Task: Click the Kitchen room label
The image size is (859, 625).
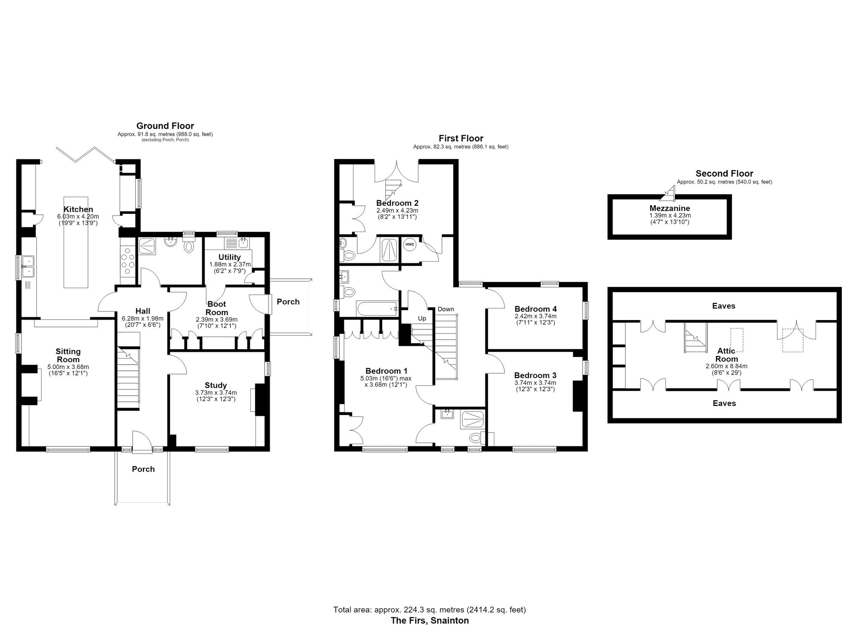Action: pos(78,210)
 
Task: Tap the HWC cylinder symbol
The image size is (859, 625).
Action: pos(410,244)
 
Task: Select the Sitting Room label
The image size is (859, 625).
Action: pos(68,356)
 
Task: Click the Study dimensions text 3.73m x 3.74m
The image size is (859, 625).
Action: pos(216,393)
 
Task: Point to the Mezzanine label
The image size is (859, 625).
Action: pos(670,208)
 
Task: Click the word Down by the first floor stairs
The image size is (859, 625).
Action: pos(446,309)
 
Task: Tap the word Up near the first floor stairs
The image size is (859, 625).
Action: pos(422,318)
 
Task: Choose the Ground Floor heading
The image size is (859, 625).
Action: pos(165,126)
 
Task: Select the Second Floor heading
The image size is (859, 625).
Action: pos(724,174)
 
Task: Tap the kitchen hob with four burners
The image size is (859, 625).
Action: pos(128,262)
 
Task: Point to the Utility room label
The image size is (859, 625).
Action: pos(229,257)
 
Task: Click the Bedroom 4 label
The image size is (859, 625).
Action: pos(536,309)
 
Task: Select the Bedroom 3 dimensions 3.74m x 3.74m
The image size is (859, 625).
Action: pos(535,383)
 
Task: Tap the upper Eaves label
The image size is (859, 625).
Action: pos(724,306)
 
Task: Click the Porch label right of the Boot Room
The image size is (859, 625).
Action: pos(288,302)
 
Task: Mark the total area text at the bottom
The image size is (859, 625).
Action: pos(429,610)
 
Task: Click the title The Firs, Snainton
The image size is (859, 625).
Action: pos(429,620)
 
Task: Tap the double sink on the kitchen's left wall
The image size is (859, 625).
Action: pos(29,266)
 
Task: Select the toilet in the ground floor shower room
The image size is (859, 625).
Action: pos(188,246)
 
